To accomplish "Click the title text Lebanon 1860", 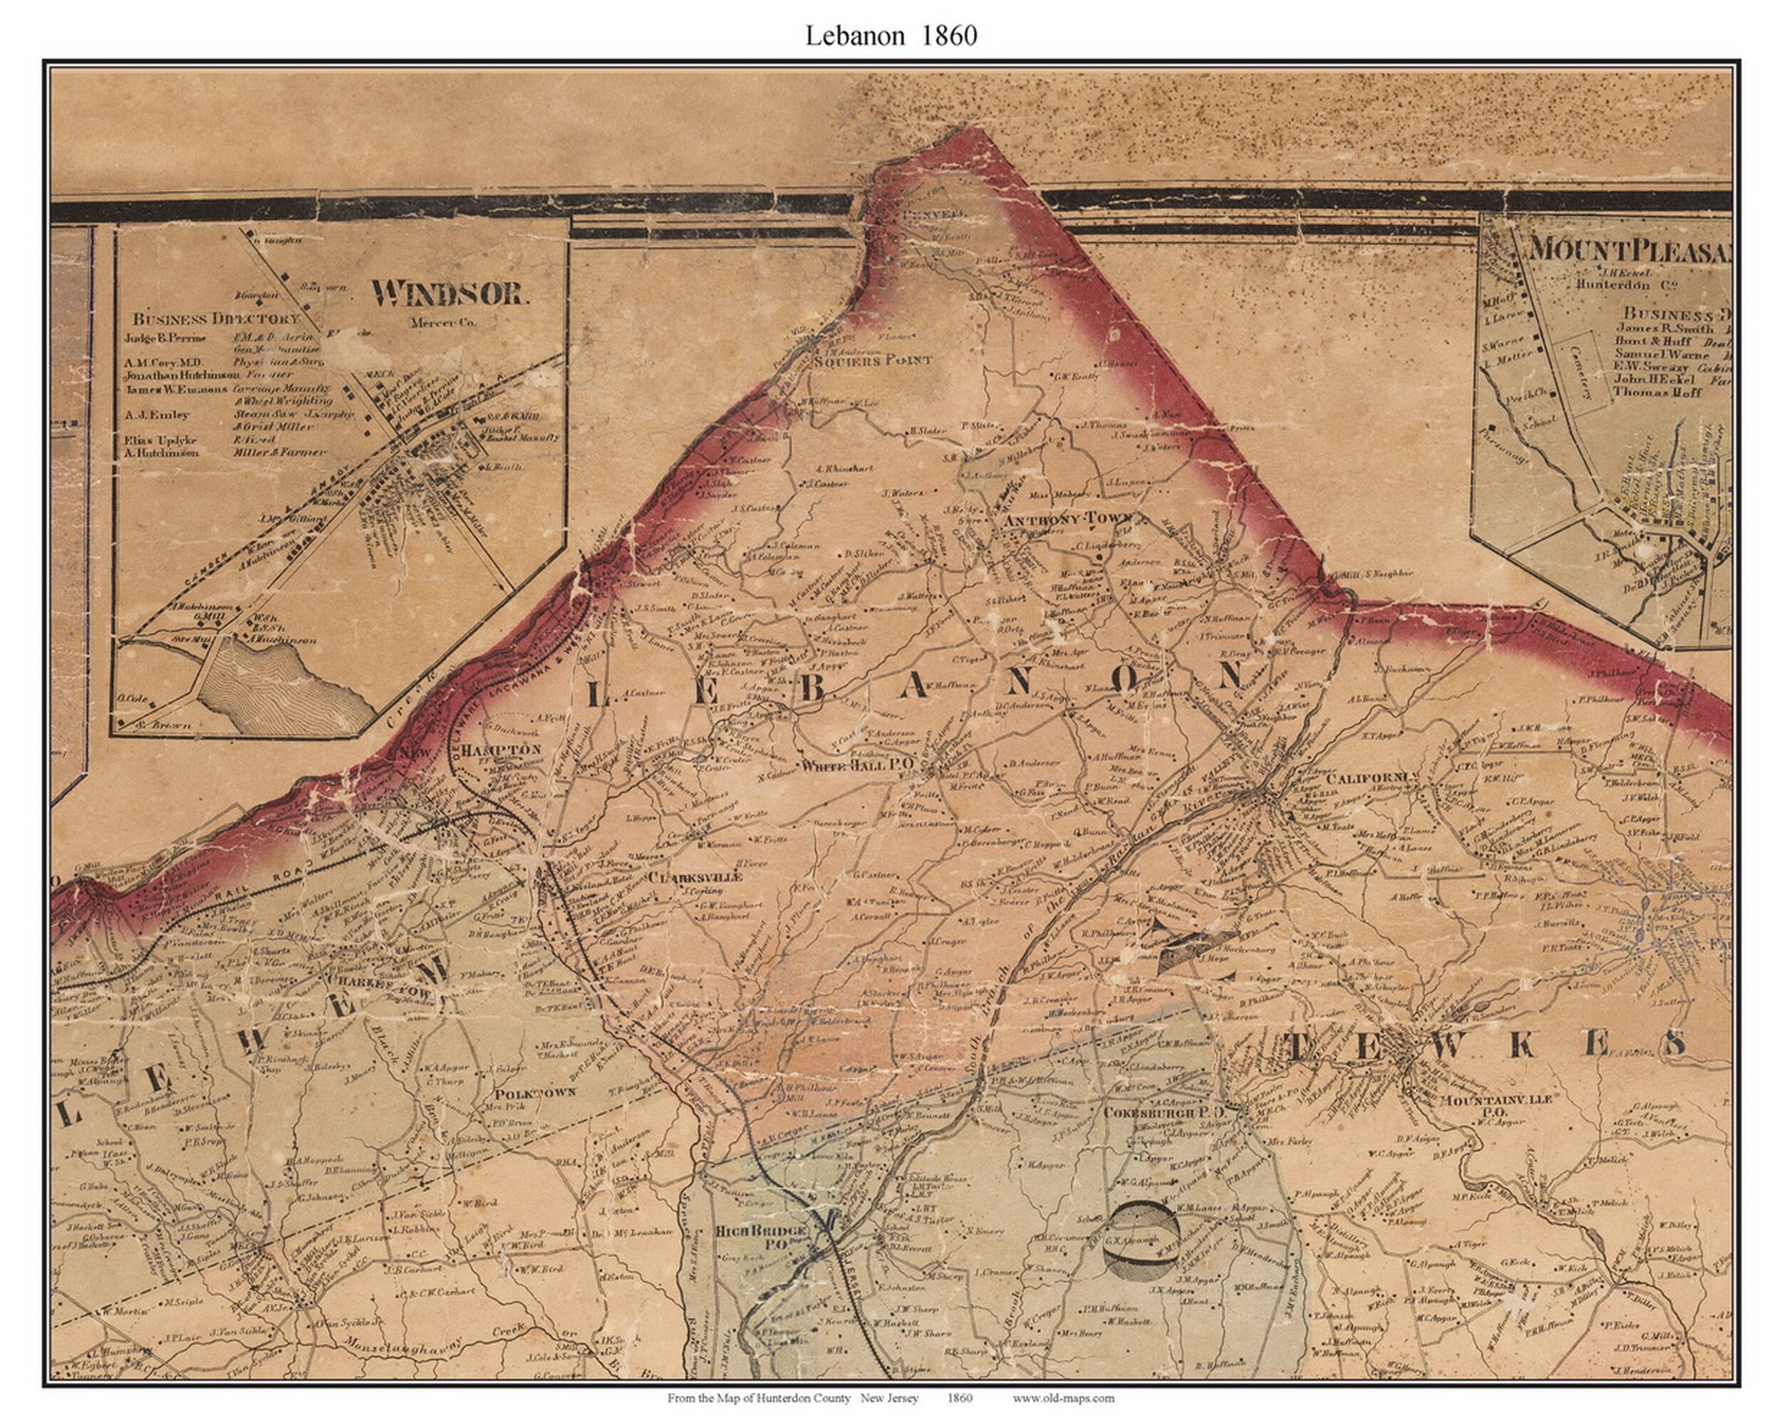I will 891,35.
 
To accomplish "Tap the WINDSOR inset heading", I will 449,293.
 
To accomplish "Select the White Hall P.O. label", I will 856,765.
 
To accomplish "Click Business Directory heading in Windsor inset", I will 217,318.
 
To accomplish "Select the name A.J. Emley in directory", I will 157,415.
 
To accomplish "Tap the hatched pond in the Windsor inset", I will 281,686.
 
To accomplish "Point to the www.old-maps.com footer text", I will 1063,1399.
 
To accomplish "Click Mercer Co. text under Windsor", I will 443,322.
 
